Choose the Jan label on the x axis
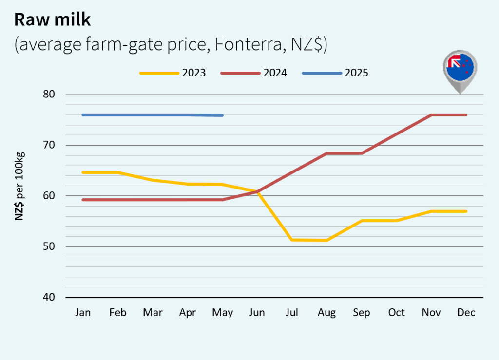83,313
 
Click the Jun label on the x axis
257,313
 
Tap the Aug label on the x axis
327,313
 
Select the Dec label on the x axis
466,313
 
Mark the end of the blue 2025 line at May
222,115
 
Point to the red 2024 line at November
431,115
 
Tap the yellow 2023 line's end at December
466,211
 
